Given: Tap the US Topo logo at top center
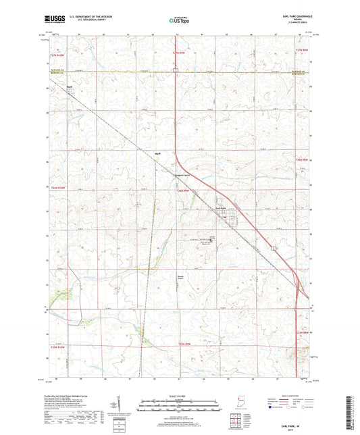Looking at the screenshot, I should point(180,21).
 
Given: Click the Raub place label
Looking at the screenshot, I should point(69,86).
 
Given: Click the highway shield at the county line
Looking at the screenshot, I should point(175,70).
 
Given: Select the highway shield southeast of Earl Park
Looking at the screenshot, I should point(274,249).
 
